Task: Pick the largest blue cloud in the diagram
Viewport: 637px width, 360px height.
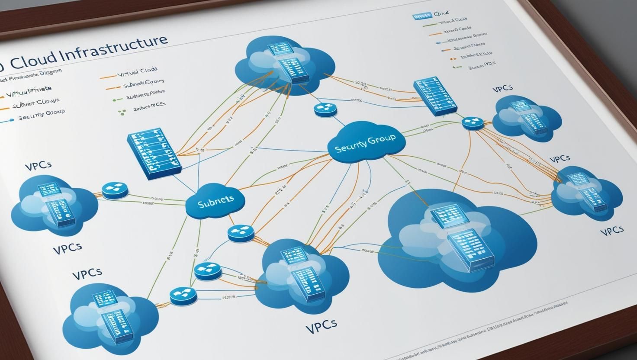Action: [459, 238]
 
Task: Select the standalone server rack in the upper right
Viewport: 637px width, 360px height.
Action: [434, 97]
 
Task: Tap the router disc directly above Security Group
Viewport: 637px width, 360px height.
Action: [326, 109]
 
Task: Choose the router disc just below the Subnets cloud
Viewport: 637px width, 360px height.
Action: [240, 232]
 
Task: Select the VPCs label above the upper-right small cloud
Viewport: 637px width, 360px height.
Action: [502, 89]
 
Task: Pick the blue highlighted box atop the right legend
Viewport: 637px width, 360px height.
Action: [422, 16]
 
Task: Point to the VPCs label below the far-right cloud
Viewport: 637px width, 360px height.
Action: [611, 230]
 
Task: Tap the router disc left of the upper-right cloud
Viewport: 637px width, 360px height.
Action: [472, 123]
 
